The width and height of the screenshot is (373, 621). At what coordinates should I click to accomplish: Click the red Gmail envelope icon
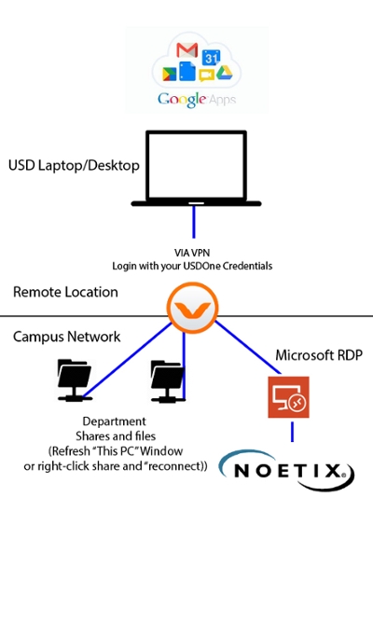[x=186, y=50]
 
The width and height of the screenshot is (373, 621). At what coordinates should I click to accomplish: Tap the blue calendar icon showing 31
[x=211, y=58]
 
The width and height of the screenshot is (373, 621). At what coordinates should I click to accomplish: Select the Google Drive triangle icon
[x=224, y=73]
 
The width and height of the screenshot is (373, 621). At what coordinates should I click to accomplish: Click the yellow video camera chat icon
[x=207, y=75]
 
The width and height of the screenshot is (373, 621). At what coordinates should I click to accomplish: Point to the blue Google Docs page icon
[x=187, y=71]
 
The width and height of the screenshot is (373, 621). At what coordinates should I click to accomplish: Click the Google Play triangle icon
[x=170, y=74]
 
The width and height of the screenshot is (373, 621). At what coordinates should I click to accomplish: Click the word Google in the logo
[x=182, y=100]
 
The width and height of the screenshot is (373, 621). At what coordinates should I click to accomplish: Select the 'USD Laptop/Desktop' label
[x=74, y=165]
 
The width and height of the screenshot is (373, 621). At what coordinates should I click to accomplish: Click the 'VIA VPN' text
[x=192, y=253]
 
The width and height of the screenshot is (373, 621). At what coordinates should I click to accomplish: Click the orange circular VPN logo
[x=192, y=308]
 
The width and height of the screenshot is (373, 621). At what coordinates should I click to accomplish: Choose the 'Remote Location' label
[x=65, y=292]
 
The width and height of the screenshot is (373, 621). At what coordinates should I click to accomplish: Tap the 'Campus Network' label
[x=66, y=337]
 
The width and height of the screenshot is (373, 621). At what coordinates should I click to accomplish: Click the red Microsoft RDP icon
[x=289, y=397]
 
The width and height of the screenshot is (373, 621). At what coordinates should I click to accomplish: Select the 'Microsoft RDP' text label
[x=319, y=355]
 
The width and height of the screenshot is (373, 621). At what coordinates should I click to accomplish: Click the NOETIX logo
[x=286, y=471]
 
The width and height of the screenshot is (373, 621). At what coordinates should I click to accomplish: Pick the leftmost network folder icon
[x=75, y=379]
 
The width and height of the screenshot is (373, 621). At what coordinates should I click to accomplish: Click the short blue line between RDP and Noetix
[x=292, y=432]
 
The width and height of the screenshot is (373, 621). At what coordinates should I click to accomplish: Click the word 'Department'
[x=115, y=421]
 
